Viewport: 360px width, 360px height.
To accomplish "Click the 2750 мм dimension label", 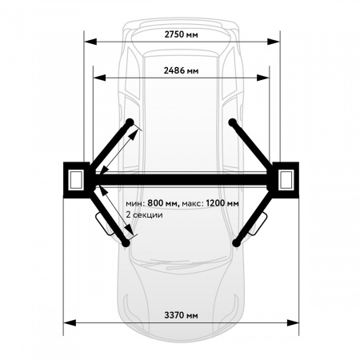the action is click(x=181, y=34).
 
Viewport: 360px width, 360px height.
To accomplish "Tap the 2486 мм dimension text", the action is click(x=181, y=70).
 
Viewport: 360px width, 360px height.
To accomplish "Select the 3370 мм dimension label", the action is click(x=181, y=315).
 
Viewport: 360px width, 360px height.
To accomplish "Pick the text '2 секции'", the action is click(x=144, y=214).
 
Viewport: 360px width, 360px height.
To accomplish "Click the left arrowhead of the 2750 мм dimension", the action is click(x=90, y=42).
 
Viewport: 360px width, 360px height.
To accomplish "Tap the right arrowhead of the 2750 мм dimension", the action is click(x=274, y=42).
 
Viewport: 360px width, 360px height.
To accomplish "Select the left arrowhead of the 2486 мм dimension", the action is click(x=99, y=78).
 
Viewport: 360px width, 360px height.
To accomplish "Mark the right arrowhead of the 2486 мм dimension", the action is click(x=263, y=78).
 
